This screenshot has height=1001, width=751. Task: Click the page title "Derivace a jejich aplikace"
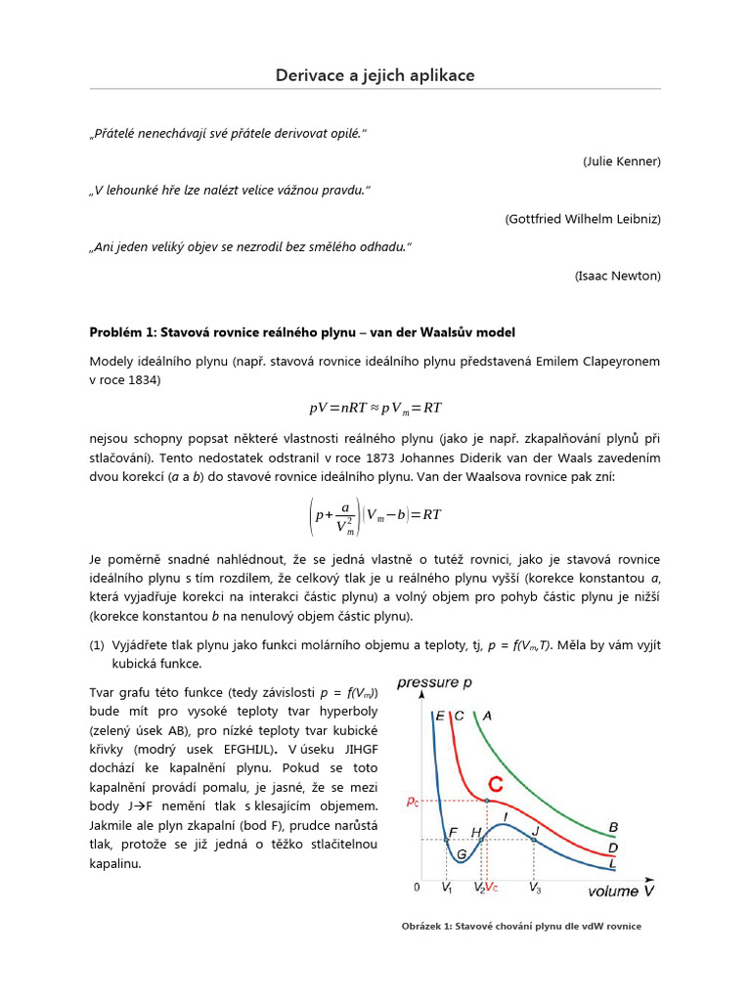pos(375,75)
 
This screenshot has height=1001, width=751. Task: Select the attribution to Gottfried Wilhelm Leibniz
pos(583,219)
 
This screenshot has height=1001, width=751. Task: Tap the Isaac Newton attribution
pos(618,277)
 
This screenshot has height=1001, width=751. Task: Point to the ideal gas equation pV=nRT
pos(375,408)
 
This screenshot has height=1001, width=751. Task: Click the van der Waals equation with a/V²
pos(375,515)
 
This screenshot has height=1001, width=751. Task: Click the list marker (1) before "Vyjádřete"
pos(97,645)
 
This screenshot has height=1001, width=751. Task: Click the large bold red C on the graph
pos(497,784)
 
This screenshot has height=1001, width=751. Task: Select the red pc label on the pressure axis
pos(414,801)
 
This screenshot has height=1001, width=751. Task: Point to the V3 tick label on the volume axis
pos(535,889)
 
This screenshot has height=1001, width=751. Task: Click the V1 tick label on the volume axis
pos(447,889)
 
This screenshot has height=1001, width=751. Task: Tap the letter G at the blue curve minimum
pos(463,853)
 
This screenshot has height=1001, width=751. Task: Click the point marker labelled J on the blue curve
pos(534,838)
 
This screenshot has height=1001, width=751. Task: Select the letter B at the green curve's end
pos(613,827)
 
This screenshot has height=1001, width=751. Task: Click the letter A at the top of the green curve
pos(487,716)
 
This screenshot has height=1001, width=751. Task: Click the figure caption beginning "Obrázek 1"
pos(520,926)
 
